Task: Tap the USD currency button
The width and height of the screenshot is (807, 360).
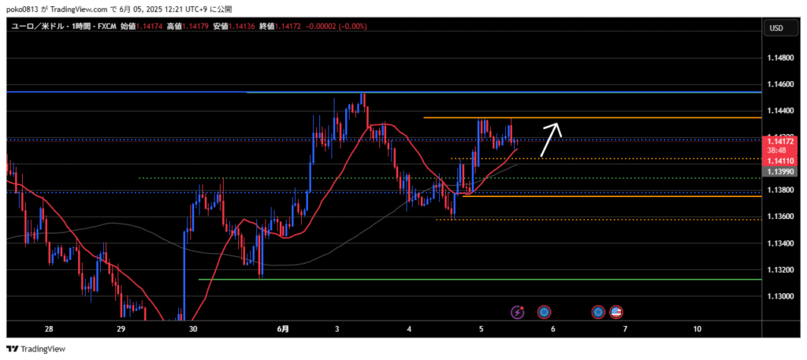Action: click(x=775, y=28)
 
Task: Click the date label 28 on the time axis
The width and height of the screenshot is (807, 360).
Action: click(x=49, y=328)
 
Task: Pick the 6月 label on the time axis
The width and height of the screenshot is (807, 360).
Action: click(x=283, y=328)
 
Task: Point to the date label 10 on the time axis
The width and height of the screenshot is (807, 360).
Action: click(x=697, y=328)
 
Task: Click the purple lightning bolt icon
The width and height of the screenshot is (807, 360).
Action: click(x=518, y=312)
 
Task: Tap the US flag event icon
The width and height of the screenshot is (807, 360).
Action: click(x=616, y=312)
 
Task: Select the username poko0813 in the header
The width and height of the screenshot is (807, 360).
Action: click(x=28, y=8)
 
